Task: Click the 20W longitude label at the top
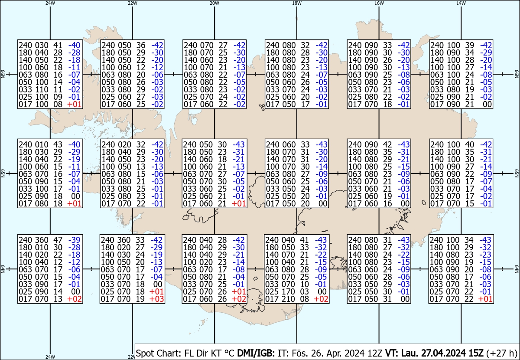pos(214,3)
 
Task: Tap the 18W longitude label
pos(297,3)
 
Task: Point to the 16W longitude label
pos(379,3)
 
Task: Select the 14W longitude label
pos(461,3)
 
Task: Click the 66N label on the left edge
pos(3,74)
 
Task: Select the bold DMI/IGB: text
pos(256,353)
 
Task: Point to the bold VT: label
pos(392,353)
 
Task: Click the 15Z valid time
pos(476,353)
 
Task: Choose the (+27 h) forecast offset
pos(502,353)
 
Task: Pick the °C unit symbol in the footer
pos(230,353)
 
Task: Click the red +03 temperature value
pos(157,299)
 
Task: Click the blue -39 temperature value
pos(74,240)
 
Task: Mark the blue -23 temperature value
pos(485,255)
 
